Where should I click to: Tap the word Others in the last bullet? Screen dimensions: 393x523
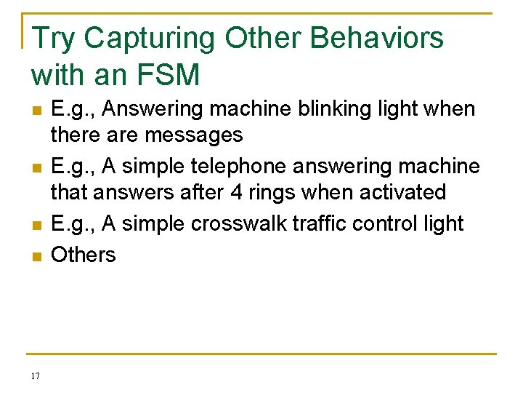click(x=83, y=255)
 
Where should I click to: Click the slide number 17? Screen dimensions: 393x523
click(x=36, y=376)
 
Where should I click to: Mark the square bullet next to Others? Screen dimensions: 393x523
click(x=36, y=256)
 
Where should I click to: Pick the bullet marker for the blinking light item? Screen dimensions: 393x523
click(x=36, y=111)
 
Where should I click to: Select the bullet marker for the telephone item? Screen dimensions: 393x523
click(x=36, y=168)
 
